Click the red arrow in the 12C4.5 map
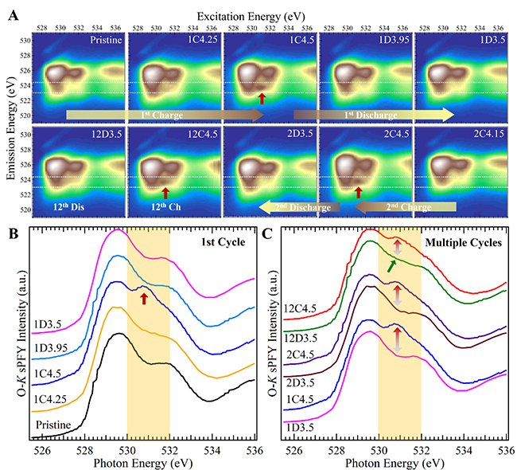click(x=165, y=192)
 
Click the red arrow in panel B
click(x=144, y=298)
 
